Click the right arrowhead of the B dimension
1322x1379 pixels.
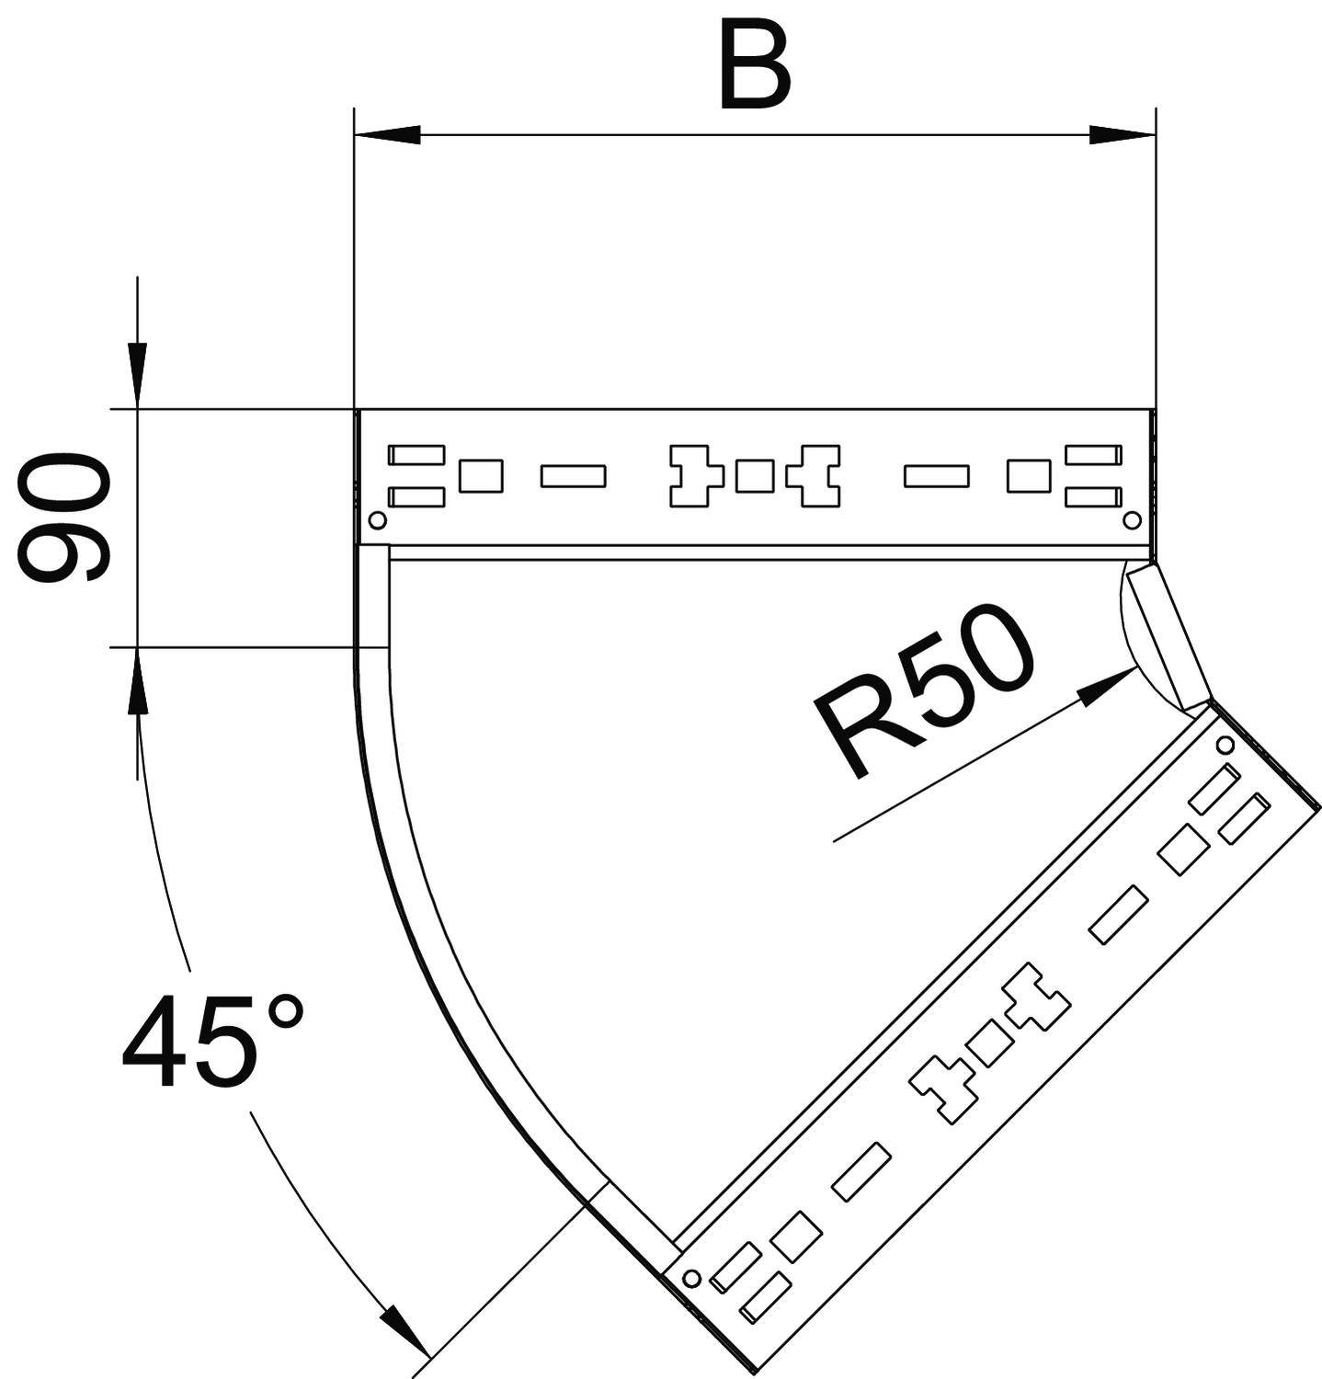point(1122,135)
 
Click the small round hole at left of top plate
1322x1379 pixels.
point(376,521)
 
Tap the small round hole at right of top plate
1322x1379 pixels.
point(1132,521)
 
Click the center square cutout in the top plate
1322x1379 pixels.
point(753,476)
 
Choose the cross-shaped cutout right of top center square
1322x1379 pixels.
point(818,475)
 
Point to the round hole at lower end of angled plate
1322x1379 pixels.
point(691,1278)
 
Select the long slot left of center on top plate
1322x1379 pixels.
point(573,475)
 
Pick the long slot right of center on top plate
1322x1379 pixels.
point(936,475)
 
